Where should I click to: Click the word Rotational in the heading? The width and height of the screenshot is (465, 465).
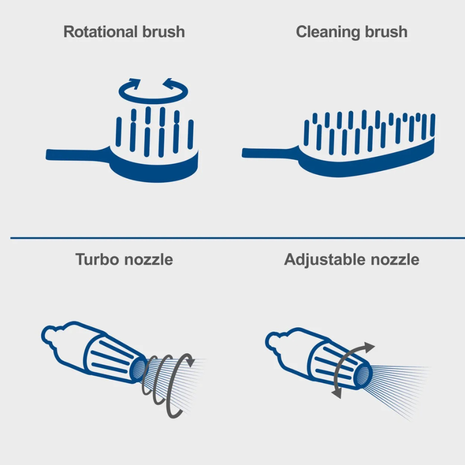[100, 32]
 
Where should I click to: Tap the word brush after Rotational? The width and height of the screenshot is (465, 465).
[163, 32]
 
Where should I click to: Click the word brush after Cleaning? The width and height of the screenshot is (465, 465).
[386, 32]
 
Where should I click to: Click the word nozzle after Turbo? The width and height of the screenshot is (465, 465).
[149, 260]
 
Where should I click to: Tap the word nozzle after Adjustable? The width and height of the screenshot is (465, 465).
[395, 260]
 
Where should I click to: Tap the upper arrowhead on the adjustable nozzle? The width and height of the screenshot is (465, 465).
[370, 347]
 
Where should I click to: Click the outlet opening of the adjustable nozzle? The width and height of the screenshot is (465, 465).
[362, 376]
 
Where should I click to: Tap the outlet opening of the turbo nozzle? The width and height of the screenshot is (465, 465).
[138, 369]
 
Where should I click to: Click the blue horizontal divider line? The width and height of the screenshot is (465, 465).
[238, 238]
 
